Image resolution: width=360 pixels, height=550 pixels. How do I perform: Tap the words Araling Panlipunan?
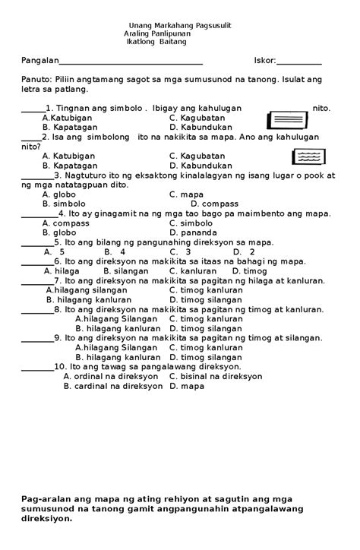pos(158,34)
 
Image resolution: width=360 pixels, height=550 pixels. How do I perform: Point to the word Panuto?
pos(36,79)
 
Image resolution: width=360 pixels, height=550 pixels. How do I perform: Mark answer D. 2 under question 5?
pos(243,251)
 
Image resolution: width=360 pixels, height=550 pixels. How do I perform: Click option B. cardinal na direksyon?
pos(113,386)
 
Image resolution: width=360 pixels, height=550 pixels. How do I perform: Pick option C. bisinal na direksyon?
pos(216,376)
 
